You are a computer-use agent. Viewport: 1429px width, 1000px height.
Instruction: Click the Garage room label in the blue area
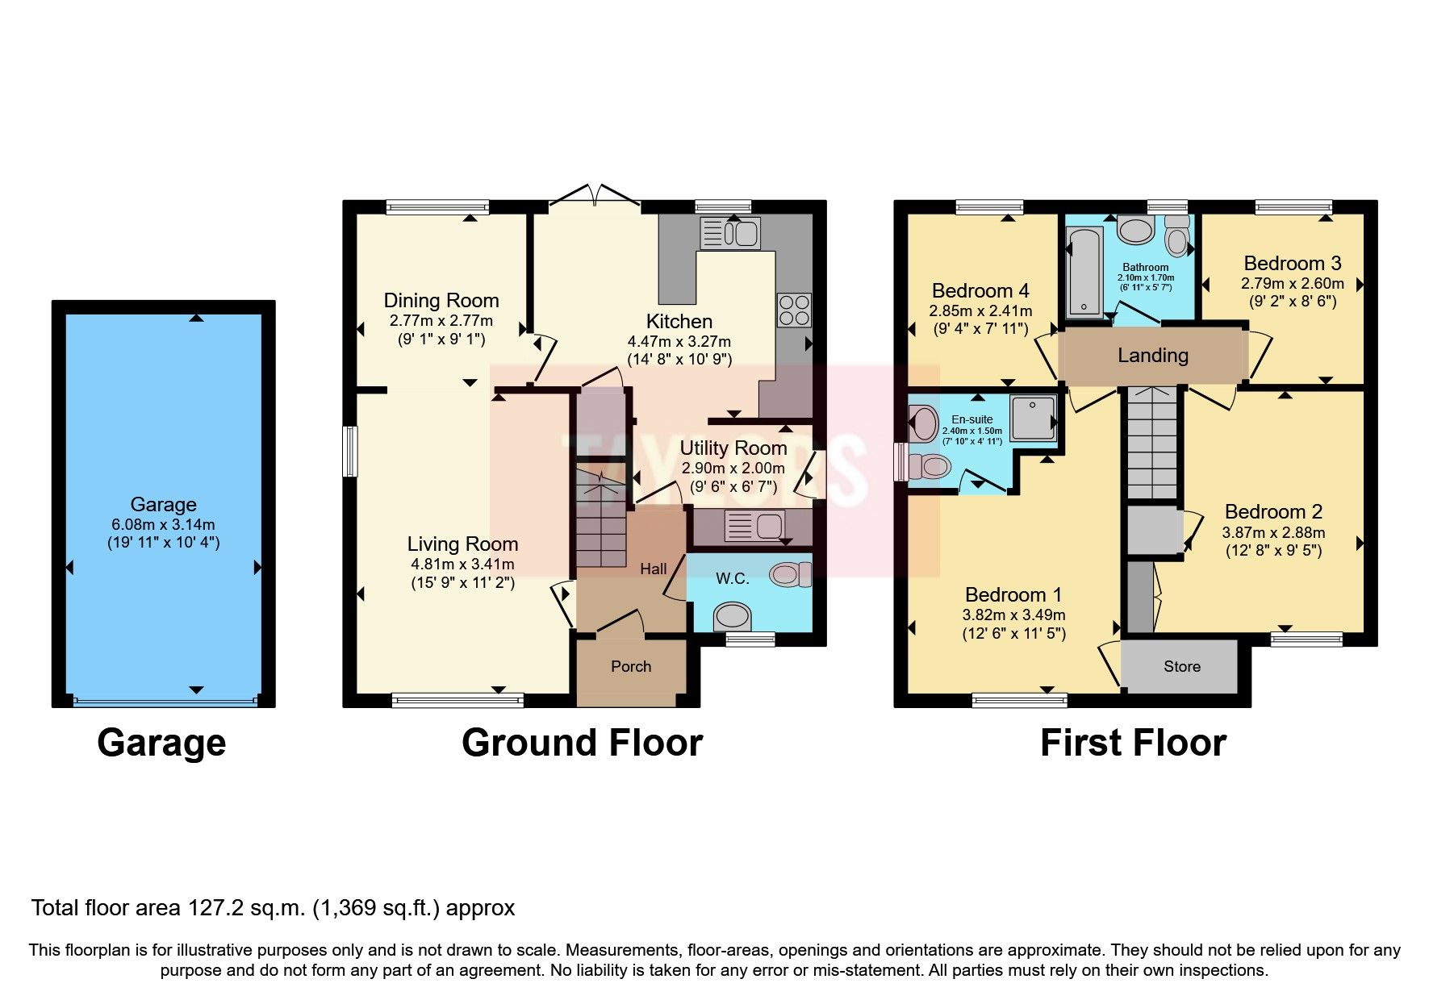coord(163,505)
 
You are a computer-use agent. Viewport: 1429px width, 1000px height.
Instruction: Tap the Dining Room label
coord(441,301)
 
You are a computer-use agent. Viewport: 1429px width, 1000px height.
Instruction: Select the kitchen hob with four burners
coord(794,310)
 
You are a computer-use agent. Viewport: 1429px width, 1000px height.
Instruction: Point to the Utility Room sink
coord(754,527)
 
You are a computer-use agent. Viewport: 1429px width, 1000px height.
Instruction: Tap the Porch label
coord(630,666)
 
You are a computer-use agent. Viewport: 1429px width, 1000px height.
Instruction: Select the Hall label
coord(653,569)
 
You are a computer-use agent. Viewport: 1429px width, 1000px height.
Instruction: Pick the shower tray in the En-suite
coord(1033,417)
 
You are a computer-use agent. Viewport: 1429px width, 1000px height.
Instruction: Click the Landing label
coord(1152,355)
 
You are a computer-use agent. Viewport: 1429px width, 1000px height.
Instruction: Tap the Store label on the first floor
coord(1181,666)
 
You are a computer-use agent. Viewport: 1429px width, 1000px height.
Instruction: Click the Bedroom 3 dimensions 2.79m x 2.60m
coord(1292,283)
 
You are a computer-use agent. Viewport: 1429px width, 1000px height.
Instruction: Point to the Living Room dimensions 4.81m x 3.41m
coord(462,564)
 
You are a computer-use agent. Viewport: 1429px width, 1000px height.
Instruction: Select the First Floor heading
coord(1133,743)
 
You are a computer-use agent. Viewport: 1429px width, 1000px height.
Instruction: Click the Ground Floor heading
coord(582,743)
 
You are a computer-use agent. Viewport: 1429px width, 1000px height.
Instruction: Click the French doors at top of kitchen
coord(595,196)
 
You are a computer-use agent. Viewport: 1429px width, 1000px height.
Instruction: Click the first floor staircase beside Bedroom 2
coord(1151,444)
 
